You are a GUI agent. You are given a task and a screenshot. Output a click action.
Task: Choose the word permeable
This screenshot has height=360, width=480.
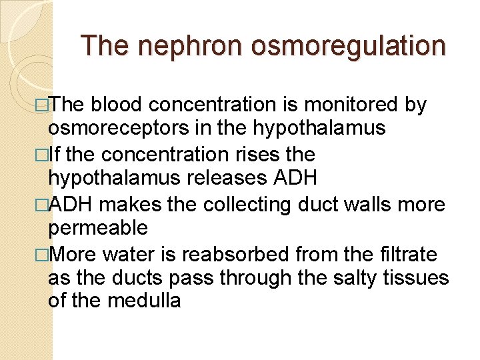point(98,228)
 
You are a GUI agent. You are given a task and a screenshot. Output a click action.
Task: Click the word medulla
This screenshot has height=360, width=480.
point(144,301)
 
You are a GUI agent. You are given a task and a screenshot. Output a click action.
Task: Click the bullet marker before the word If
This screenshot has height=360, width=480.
point(44,155)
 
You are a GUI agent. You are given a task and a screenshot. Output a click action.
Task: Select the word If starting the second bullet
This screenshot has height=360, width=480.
point(55,155)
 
